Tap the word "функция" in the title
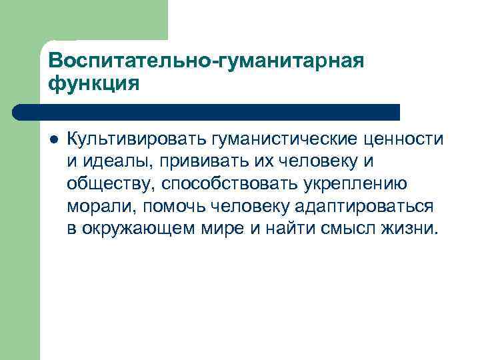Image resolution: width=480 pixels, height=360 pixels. click(x=94, y=84)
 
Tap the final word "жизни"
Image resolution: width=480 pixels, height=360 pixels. click(x=412, y=229)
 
